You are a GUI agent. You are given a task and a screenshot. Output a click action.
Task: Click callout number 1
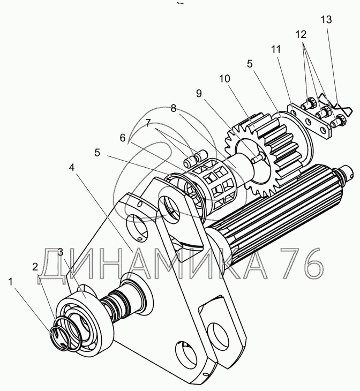10,282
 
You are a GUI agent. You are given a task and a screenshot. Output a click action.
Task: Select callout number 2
35,267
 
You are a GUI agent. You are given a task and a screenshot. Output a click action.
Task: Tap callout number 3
61,252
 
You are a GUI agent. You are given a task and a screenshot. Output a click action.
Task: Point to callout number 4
72,168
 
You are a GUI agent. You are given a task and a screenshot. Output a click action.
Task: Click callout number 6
123,138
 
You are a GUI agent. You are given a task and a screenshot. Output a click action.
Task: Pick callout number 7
148,123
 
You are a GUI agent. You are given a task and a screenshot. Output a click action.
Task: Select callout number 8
174,108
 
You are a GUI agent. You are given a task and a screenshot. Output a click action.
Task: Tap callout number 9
199,94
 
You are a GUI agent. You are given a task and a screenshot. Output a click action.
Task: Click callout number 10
224,79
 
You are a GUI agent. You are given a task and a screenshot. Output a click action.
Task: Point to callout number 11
276,49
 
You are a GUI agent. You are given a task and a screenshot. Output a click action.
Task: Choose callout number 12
301,34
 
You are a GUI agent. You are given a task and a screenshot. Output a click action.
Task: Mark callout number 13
326,19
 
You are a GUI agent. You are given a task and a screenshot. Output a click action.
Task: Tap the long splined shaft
277,212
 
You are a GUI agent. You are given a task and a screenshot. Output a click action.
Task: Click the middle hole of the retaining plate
309,122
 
